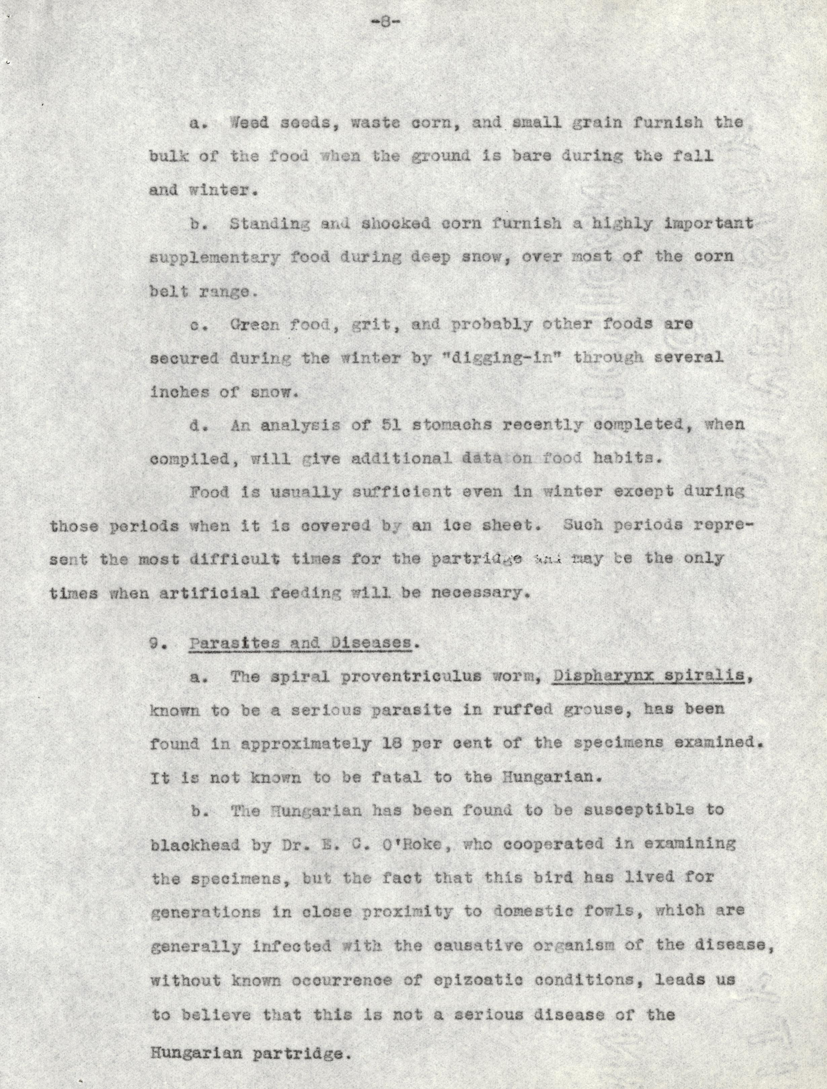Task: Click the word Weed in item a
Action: [250, 122]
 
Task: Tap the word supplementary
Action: [215, 257]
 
